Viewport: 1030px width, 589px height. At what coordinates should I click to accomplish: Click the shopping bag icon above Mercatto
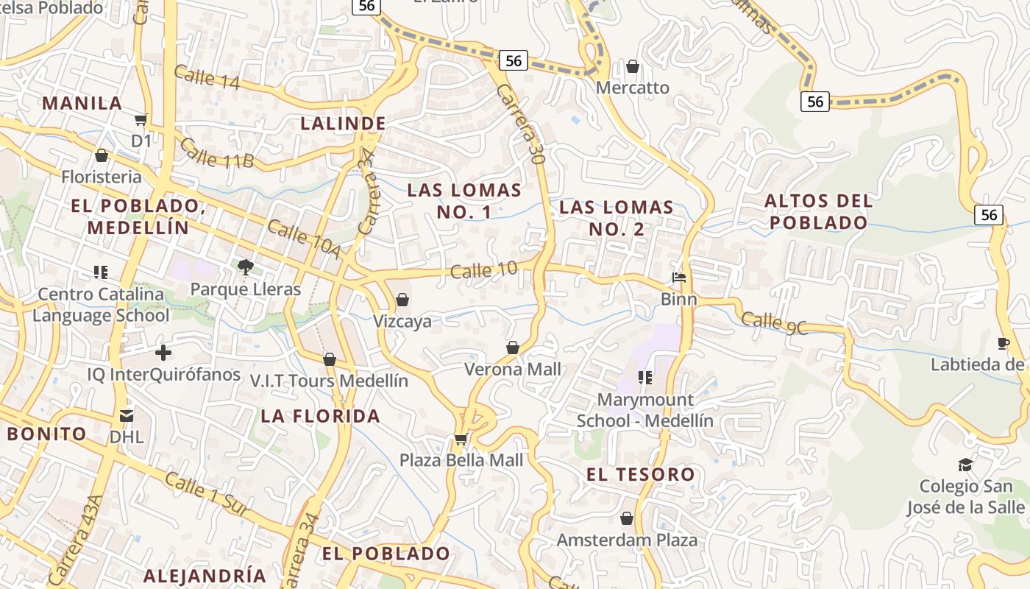632,67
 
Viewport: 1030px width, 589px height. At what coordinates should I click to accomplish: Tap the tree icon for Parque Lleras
246,267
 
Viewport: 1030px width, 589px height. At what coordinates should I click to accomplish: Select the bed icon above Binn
679,278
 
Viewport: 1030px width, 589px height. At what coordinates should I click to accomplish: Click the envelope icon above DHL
127,416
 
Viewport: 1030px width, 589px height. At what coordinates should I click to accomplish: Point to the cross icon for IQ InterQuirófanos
163,353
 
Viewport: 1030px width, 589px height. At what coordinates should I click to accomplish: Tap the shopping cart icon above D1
141,119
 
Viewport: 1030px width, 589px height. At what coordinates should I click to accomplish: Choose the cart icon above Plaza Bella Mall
461,439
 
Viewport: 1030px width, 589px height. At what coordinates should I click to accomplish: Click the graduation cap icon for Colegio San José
965,465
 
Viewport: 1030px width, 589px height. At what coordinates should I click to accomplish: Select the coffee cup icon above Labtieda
1003,343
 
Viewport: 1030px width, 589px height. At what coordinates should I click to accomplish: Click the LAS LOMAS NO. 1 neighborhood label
464,201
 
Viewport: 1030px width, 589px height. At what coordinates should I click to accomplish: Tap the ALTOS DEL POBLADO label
819,211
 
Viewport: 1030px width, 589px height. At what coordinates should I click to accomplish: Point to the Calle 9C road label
774,323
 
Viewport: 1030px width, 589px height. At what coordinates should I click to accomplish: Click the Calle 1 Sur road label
207,494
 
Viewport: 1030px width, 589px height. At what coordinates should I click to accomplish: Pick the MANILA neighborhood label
82,103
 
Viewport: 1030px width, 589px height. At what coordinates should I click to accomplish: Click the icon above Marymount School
645,378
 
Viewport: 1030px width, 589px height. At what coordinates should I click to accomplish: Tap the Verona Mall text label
512,370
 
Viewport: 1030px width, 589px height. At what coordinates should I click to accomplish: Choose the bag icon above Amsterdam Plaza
627,518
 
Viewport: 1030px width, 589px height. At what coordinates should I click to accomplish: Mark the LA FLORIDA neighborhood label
320,416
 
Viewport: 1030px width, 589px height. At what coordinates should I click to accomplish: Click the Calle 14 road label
207,77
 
